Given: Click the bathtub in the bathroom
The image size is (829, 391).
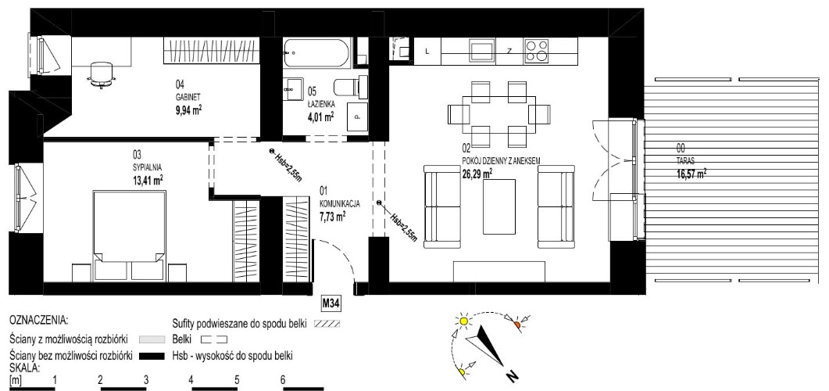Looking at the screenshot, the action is pos(316,53).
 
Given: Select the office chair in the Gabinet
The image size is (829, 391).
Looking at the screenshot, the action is pos(101,73).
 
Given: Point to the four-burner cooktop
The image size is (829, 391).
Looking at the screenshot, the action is pos(537,52).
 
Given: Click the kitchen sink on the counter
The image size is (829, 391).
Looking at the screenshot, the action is pos(482,52).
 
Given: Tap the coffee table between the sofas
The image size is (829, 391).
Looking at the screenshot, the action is pos(499,206).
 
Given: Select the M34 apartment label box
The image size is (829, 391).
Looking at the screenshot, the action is pos(331,303).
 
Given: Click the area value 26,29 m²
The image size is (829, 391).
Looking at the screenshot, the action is pos(477,172).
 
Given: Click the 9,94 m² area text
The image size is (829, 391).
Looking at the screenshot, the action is pos(189,110).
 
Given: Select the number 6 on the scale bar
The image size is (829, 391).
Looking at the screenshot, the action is pos(283,379).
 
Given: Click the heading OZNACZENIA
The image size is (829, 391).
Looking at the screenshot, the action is pos(39,321).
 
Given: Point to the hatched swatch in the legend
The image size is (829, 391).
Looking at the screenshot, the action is pos(326,322).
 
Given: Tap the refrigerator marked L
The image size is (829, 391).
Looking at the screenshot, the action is pos(427,52).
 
